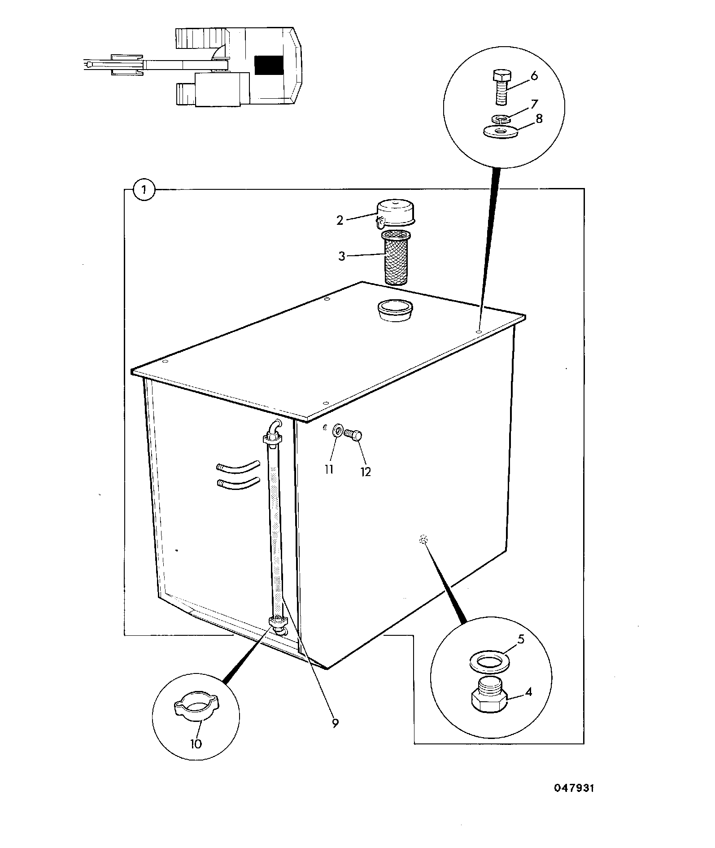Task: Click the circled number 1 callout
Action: point(144,191)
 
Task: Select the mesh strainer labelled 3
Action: point(395,257)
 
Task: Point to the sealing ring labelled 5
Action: point(488,662)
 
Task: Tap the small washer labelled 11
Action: point(337,432)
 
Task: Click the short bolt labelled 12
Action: point(352,434)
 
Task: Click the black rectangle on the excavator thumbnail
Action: point(269,65)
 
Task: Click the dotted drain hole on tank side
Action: point(422,540)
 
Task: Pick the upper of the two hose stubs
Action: point(237,466)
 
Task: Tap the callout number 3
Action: point(342,257)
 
